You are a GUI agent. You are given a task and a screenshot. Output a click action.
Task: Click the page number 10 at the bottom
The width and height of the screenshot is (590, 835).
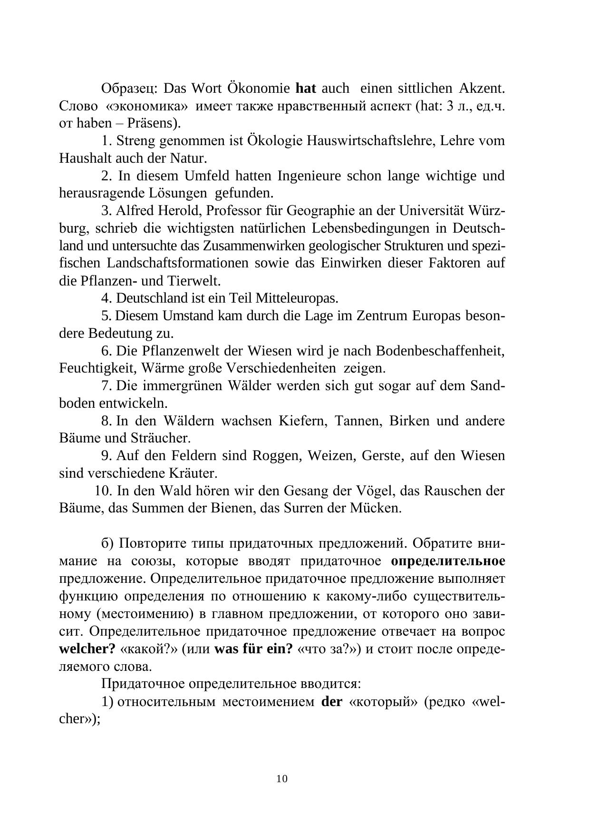281,778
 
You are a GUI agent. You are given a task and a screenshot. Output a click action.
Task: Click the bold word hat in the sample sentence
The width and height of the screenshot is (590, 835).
306,88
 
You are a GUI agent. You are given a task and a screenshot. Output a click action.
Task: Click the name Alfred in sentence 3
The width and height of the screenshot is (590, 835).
134,211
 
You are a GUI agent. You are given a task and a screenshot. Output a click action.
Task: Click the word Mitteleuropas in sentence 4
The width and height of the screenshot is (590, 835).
297,298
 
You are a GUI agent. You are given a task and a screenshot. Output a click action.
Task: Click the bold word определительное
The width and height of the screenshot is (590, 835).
448,561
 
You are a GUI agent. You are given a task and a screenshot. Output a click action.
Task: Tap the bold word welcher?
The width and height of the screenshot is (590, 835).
87,649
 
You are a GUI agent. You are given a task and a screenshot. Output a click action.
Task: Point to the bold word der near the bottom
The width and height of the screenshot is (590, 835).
332,702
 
